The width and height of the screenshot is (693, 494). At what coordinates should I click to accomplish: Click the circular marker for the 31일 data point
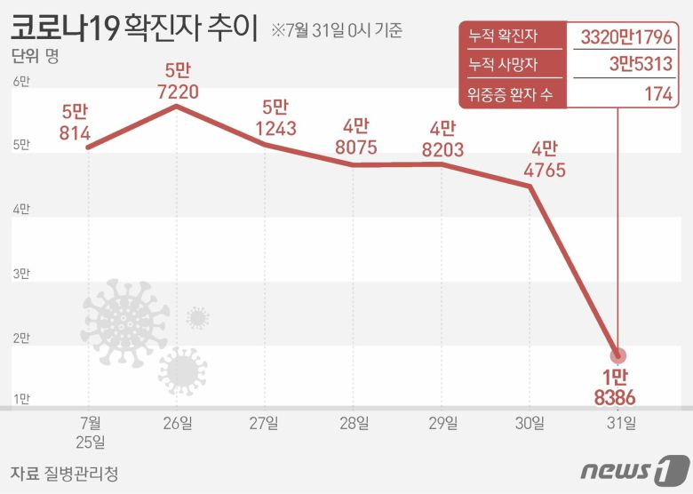coord(617,355)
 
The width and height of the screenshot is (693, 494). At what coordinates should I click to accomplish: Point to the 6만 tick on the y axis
coord(20,83)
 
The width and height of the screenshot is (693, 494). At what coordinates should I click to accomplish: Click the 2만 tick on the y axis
coord(20,338)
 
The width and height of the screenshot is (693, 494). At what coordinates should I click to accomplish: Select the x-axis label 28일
coord(354,423)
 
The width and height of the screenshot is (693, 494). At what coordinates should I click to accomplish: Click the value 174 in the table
coord(657,94)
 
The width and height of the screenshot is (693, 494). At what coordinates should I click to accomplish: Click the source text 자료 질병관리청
coord(64,473)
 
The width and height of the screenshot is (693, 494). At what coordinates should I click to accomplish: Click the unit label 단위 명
coord(34,59)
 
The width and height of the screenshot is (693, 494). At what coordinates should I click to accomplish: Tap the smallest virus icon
coord(197,317)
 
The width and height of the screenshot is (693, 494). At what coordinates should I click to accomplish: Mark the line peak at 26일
coord(177,106)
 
